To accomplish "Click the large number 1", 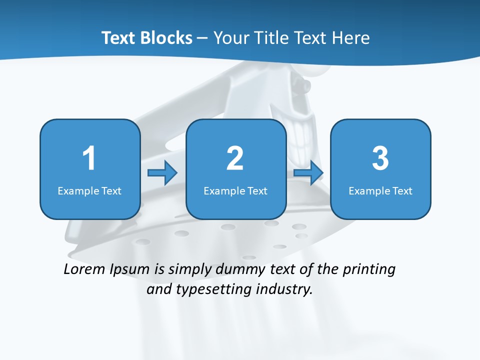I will pos(89,158).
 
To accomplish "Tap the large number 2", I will pos(235,158).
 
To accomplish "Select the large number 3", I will pos(380,158).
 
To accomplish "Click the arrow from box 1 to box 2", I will pos(162,173).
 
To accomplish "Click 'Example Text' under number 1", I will pos(89,190).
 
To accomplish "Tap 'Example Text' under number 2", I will pos(235,190).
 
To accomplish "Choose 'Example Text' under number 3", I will pos(380,190).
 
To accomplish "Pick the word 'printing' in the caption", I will pos(369,269).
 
